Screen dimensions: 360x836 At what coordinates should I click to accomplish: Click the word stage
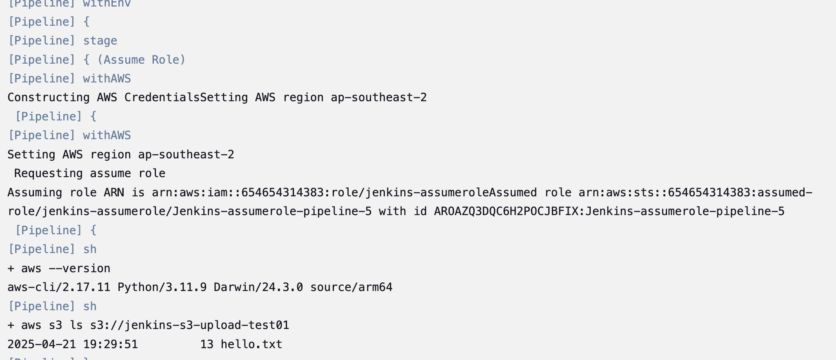100,41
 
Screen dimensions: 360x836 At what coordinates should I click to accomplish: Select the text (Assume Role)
141,60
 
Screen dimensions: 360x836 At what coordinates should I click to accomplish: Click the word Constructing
48,98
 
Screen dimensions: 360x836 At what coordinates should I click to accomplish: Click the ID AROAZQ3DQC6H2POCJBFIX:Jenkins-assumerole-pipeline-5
609,211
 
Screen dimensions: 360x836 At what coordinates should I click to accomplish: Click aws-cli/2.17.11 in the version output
59,287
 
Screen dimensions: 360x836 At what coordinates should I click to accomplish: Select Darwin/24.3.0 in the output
258,287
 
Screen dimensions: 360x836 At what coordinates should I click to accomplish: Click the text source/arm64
351,287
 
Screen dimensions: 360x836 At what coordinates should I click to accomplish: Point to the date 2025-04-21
42,344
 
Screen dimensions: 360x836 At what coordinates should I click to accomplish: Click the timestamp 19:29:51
110,344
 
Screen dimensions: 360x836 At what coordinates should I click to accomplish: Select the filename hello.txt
251,344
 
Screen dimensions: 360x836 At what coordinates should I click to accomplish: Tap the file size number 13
207,344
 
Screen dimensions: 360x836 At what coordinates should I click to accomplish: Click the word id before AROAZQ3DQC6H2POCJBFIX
420,211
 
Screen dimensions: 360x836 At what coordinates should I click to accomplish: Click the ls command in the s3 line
76,325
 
